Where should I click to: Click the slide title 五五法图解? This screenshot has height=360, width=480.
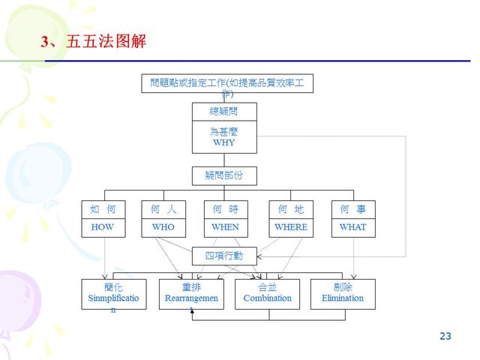pos(105,42)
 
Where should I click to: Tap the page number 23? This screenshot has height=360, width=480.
pos(445,336)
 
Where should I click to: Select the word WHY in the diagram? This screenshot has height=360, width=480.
pos(224,142)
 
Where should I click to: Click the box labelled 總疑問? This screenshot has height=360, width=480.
pos(224,111)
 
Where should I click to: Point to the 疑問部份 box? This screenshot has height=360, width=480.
pos(224,175)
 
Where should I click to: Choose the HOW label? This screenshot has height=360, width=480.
pos(103,226)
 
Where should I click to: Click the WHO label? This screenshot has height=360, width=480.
pos(163,226)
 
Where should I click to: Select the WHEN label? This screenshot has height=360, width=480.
pos(225,226)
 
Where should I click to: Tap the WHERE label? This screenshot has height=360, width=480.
pos(291,226)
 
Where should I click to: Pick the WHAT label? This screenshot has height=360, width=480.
pos(352,226)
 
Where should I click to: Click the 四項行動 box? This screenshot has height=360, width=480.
pos(224,256)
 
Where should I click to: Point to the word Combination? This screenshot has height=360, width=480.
pos(268,298)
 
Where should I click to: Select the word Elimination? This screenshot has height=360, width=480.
pos(343,298)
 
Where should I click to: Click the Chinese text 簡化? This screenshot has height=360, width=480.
pos(114,287)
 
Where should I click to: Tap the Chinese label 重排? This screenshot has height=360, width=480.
pos(191,287)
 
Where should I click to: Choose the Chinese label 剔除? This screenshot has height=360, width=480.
pos(343,287)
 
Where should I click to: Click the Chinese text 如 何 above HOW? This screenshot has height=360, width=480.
pos(103,208)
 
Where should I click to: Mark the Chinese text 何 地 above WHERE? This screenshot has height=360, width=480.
pos(291,208)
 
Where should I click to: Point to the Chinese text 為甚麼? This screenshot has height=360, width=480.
pos(224,131)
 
